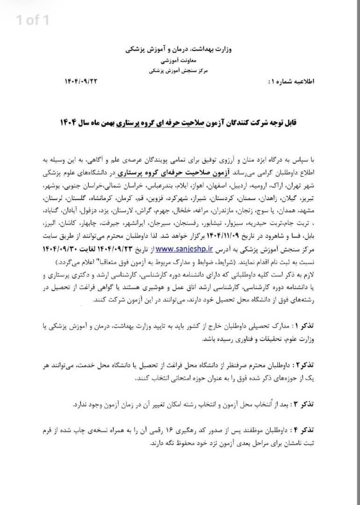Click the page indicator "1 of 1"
click(x=32, y=20)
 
